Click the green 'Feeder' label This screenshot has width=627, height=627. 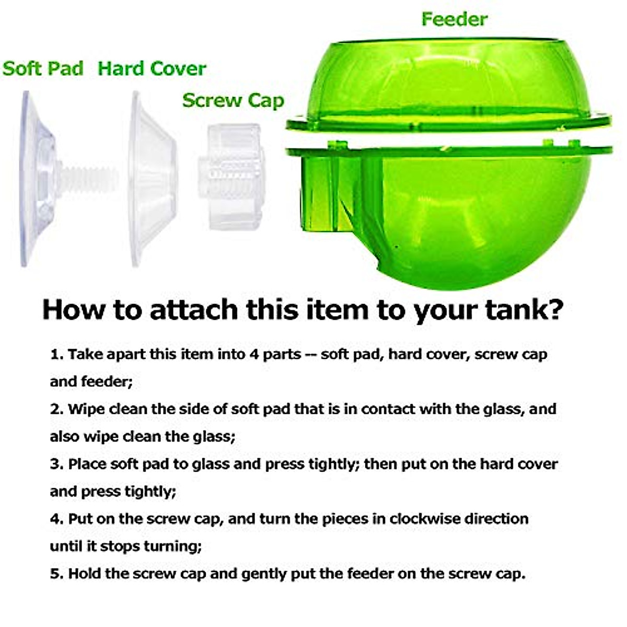454,19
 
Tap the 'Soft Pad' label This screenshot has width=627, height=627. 43,68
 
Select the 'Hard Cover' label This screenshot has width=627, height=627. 152,68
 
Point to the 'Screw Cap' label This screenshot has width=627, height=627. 233,100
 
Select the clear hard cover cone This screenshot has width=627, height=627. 152,178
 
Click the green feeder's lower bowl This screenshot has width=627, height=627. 470,219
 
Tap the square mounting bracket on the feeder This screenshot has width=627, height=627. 329,193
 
